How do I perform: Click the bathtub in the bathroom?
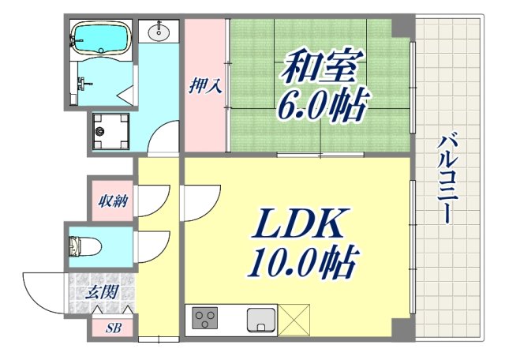[x=100, y=37]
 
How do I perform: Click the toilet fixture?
[x=84, y=246]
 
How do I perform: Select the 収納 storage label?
[x=113, y=201]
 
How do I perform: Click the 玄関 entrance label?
[x=102, y=292]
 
